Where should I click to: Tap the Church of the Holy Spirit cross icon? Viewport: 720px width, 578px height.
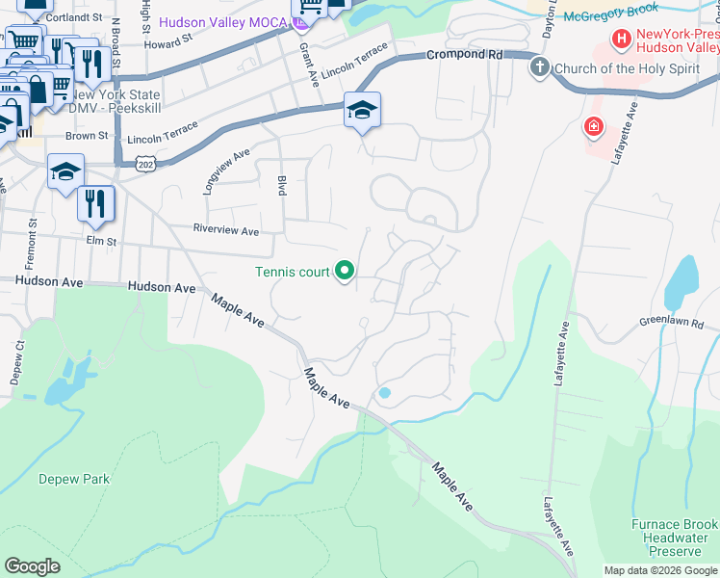[540, 68]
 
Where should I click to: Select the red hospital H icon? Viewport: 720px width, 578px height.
[622, 40]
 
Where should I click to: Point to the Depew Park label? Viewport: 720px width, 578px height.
[74, 479]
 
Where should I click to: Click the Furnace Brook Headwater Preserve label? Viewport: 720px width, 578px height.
[675, 538]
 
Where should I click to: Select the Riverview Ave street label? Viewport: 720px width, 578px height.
[226, 231]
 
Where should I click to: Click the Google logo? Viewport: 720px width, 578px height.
[32, 566]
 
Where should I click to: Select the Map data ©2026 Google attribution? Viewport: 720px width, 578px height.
[660, 570]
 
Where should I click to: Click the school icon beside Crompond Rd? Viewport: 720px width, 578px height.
[363, 113]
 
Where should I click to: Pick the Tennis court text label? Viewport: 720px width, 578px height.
[293, 272]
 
